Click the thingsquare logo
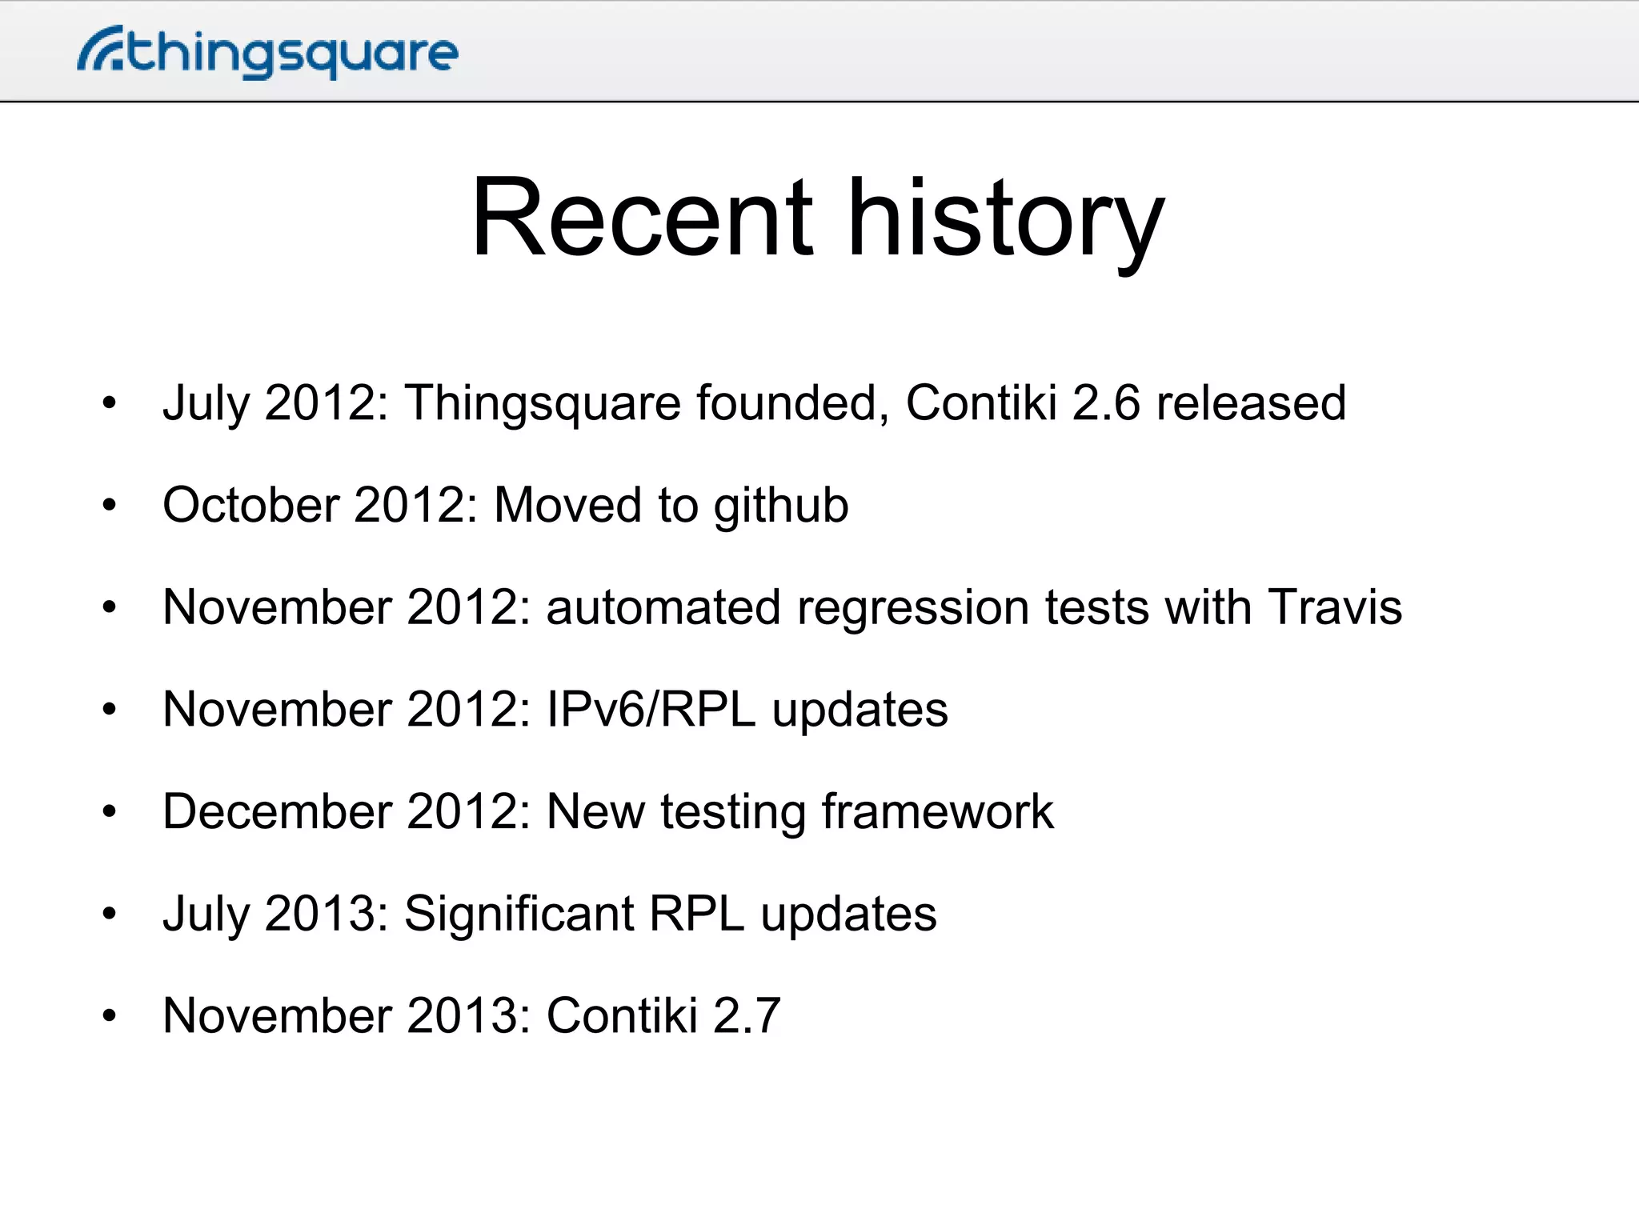pos(268,53)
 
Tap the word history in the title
pos(1005,219)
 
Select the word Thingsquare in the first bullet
pos(543,402)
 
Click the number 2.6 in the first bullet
pos(1105,402)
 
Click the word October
pos(250,505)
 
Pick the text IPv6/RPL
pos(651,709)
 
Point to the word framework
pos(937,811)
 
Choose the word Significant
pos(519,914)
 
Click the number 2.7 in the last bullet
pos(746,1015)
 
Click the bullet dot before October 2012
pos(110,505)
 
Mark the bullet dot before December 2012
pos(110,812)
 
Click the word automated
pos(663,606)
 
